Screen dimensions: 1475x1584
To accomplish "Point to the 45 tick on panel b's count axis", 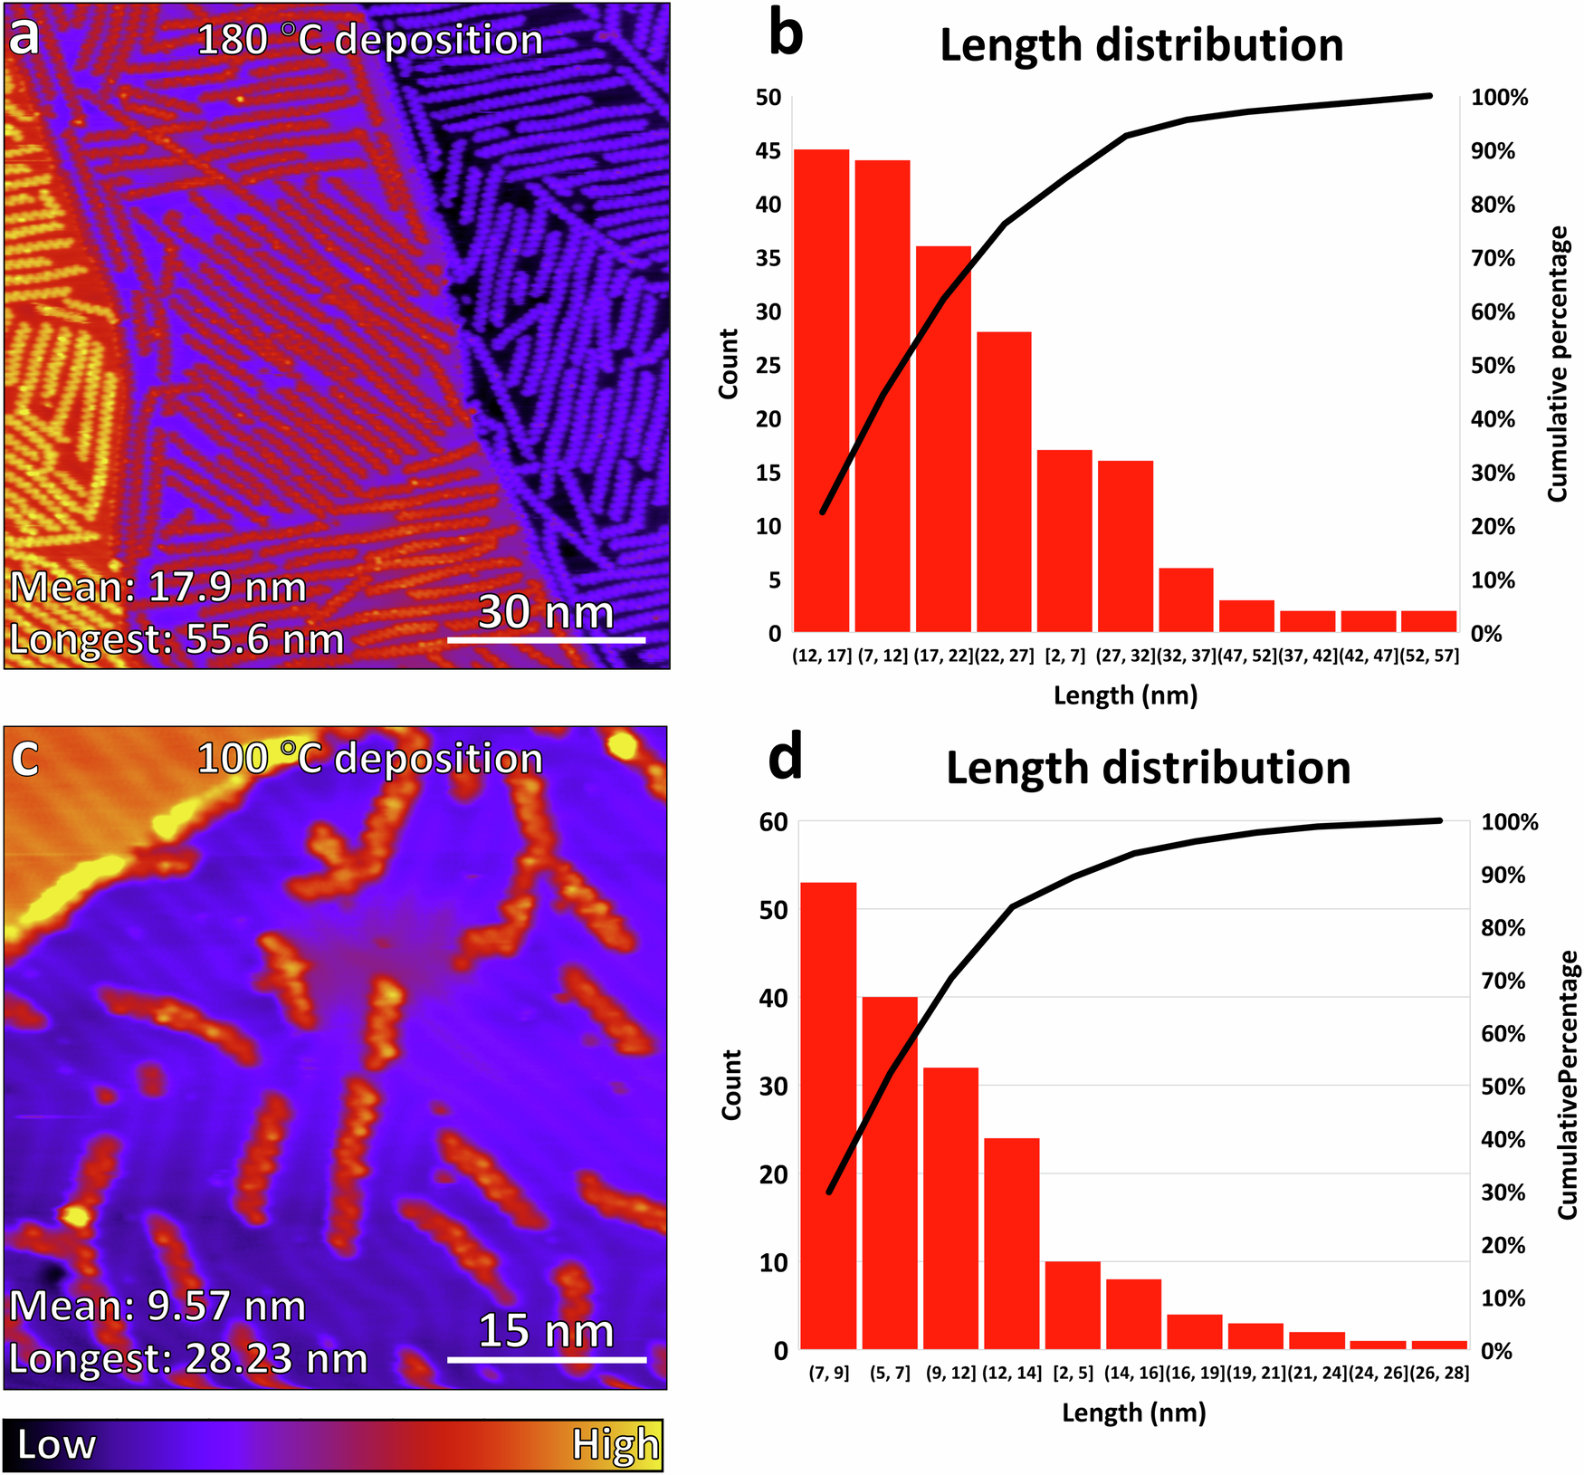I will click(x=768, y=151).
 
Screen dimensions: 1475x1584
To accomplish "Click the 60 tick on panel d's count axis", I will click(x=773, y=822).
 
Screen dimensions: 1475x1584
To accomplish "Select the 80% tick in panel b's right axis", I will click(x=1493, y=205).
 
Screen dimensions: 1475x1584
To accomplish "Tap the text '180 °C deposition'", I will click(x=369, y=41).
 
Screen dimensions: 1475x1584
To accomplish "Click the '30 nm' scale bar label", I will click(x=546, y=611).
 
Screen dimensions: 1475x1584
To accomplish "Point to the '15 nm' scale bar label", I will click(x=546, y=1331).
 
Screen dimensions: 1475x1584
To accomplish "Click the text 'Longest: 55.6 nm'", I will click(x=177, y=639).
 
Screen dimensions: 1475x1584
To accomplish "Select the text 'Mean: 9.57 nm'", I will click(x=157, y=1307).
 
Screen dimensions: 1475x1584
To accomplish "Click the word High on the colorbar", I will click(x=615, y=1445).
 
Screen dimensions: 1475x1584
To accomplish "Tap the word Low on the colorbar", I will click(x=56, y=1445).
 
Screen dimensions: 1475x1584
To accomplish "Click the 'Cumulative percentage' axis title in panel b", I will click(x=1557, y=364).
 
